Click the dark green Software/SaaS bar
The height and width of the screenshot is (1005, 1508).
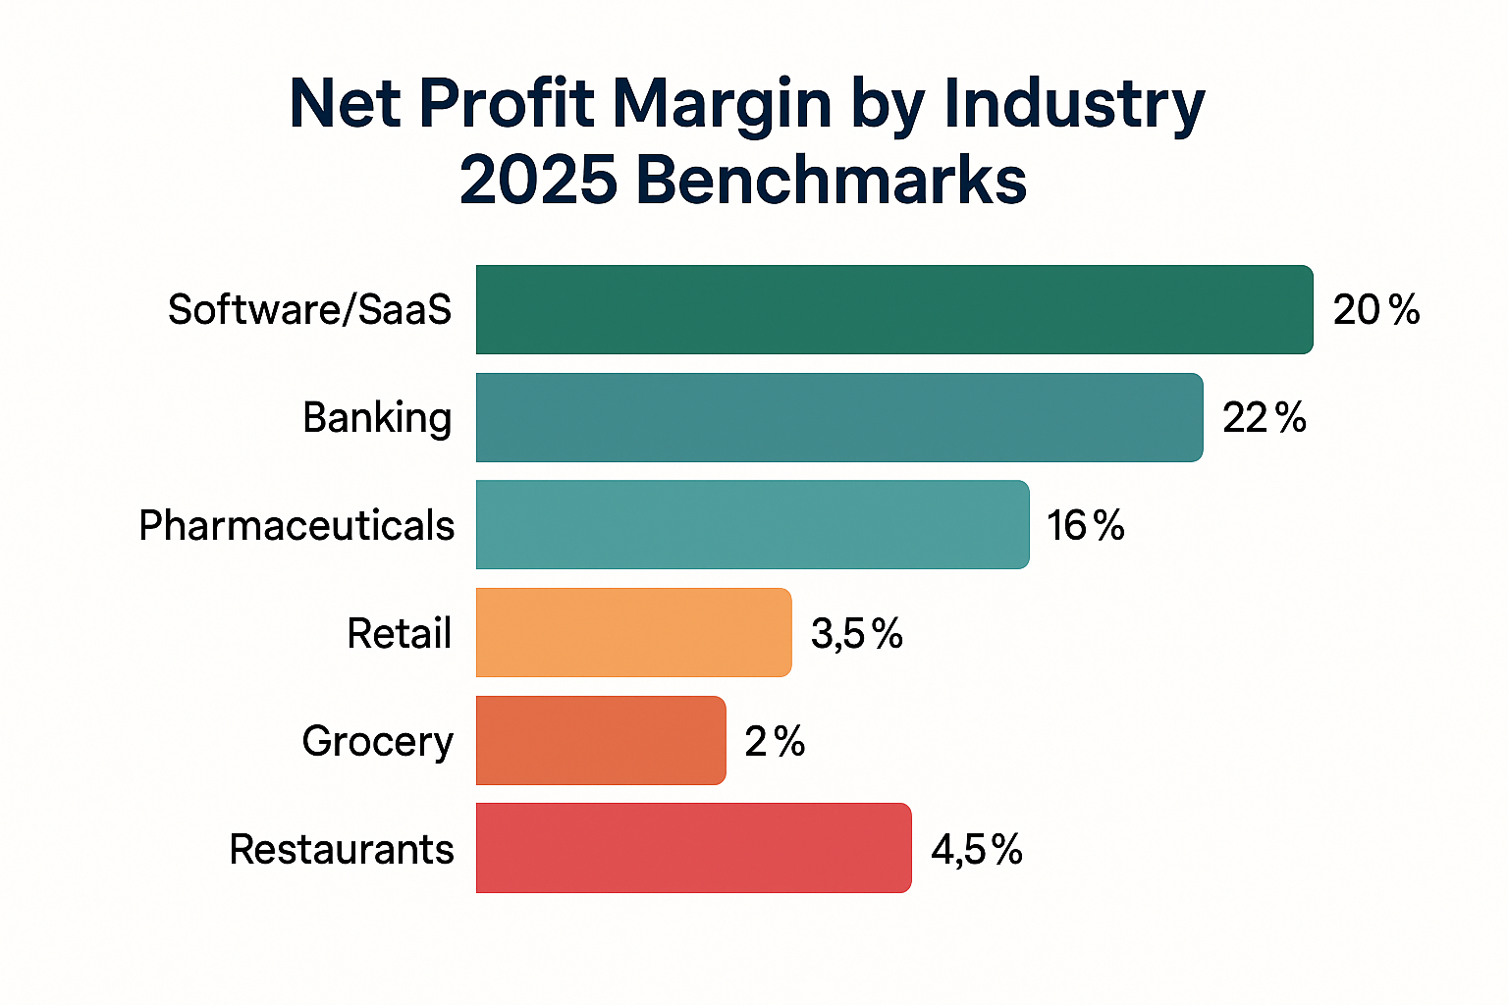(893, 309)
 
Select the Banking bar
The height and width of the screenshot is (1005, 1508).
(838, 417)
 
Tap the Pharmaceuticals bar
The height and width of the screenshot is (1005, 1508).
(752, 525)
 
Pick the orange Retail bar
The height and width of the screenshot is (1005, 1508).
(633, 633)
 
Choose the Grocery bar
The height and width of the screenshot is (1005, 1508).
(601, 741)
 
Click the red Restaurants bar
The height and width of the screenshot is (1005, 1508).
(693, 848)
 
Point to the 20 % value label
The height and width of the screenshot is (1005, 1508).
(1375, 310)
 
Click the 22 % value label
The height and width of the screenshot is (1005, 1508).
(1265, 418)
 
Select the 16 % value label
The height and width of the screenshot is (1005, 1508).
(1085, 526)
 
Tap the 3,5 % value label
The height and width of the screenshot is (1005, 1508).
(856, 634)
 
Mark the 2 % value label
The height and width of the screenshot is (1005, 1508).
(775, 742)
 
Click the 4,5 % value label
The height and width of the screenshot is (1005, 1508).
(977, 849)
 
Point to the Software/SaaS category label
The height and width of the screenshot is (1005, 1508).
(309, 310)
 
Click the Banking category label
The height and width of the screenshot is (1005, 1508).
(377, 419)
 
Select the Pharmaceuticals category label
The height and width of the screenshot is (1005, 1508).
(296, 526)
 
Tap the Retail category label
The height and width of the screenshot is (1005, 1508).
(399, 634)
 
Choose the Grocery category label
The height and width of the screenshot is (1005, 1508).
(377, 743)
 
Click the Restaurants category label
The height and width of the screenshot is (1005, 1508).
(342, 850)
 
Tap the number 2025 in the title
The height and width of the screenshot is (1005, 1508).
(538, 181)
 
